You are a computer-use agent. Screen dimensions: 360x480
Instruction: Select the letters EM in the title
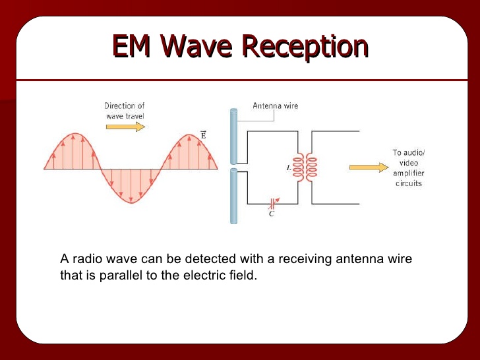[133, 47]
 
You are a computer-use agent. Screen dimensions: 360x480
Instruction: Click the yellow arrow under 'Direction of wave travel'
[125, 127]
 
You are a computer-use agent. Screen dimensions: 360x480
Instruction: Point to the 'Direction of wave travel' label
[125, 111]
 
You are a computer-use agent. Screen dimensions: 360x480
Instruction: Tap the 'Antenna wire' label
[275, 105]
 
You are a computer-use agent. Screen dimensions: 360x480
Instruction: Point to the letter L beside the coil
[288, 167]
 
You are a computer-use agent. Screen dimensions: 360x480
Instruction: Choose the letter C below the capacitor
[272, 214]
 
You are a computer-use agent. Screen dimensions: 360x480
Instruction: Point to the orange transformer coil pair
[304, 167]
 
